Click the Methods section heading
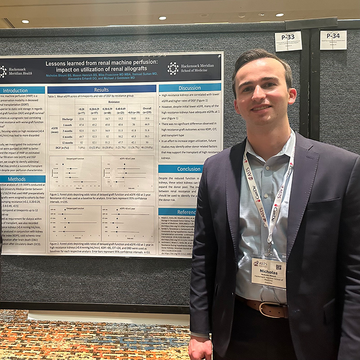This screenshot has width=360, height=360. click(17, 179)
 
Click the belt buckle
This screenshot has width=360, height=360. click(269, 309)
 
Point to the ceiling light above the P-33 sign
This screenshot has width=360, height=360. click(280, 15)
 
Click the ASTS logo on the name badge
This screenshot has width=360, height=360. click(260, 263)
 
